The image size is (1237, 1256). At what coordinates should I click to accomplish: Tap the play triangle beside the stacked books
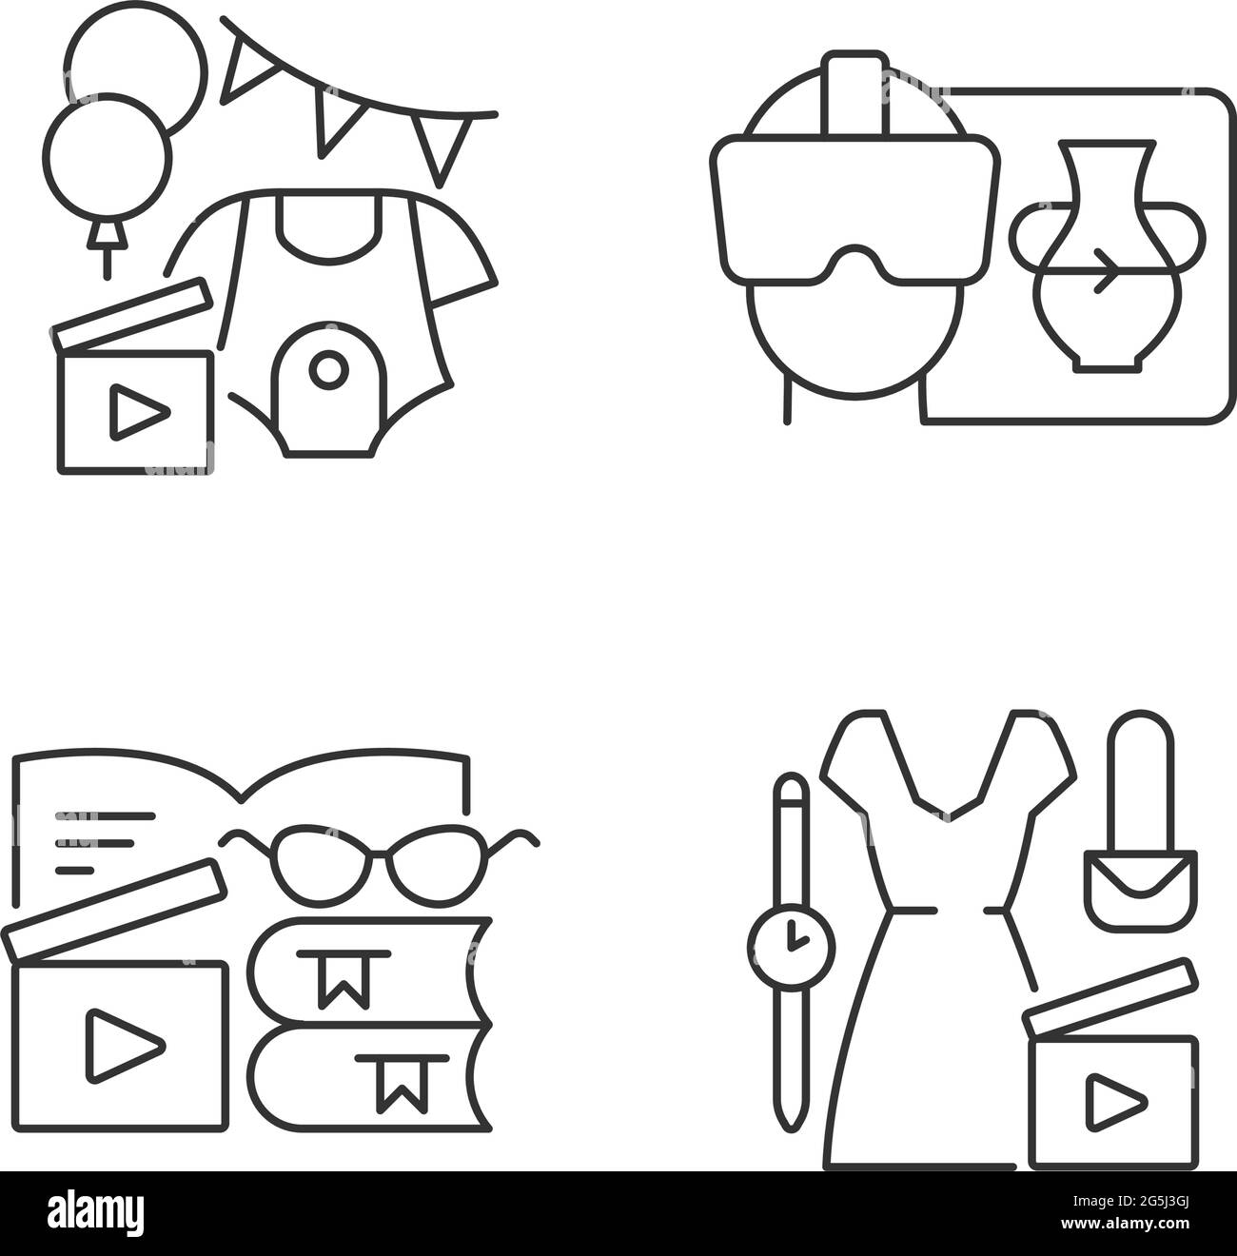[x=124, y=1045]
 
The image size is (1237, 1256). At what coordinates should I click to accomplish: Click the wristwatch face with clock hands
[x=791, y=946]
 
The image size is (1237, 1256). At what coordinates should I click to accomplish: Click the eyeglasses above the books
[x=379, y=857]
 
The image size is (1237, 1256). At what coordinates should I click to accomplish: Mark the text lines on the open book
[x=103, y=843]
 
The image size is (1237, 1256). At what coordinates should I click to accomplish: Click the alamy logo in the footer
[x=97, y=1213]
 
